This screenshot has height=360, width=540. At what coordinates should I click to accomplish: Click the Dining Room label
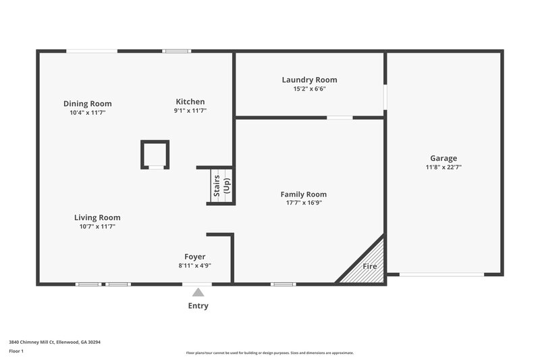click(88, 103)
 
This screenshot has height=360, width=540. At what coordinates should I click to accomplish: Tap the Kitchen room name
click(190, 102)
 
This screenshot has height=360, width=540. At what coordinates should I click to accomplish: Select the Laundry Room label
click(309, 80)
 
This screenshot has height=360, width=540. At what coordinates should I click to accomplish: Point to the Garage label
click(443, 158)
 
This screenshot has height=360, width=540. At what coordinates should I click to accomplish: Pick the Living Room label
click(97, 217)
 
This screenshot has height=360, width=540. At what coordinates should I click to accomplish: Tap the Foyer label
click(195, 257)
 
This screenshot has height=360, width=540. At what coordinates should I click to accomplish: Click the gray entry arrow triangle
click(198, 292)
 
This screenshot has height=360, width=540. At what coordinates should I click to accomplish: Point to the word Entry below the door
click(198, 306)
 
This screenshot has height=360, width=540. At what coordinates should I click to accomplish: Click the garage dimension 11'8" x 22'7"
click(443, 167)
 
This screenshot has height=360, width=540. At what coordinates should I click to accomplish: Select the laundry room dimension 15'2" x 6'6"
click(309, 88)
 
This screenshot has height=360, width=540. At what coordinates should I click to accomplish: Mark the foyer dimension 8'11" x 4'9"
click(195, 265)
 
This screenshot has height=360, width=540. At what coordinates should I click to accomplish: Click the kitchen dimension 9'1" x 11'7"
click(190, 111)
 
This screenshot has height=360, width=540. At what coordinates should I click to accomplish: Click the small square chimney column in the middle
click(155, 154)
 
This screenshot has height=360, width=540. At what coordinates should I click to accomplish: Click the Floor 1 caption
click(17, 351)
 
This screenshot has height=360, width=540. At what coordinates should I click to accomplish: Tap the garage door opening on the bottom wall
click(441, 274)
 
